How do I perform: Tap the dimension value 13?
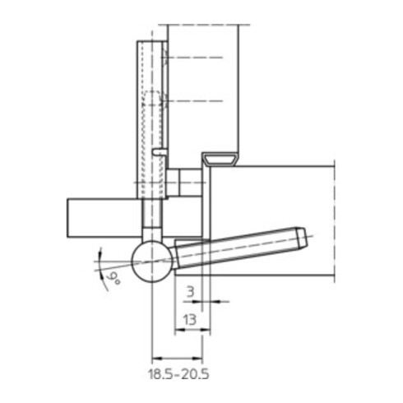[x=188, y=320]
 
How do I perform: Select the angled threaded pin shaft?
[x=239, y=248]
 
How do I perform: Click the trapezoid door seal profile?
[x=220, y=157]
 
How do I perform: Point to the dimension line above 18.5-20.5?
[x=177, y=358]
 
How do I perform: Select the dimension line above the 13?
[x=188, y=332]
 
